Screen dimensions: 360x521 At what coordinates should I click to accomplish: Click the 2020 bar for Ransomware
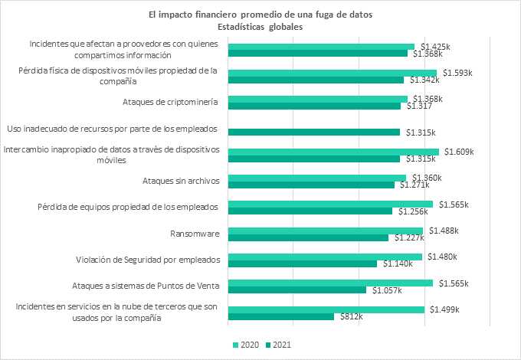pos(326,231)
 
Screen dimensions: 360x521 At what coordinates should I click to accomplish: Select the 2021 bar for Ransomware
pos(309,237)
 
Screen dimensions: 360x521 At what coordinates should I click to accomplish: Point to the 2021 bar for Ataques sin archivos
pos(312,185)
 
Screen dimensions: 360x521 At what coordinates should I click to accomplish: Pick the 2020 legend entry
pos(245,345)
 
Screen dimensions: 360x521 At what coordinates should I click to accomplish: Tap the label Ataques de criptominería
pos(170,102)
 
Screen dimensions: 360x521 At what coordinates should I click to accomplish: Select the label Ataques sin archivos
pos(181,181)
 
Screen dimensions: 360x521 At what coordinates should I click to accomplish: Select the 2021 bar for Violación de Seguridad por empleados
pos(303,263)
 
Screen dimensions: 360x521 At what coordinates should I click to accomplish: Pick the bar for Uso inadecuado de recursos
pos(314,132)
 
